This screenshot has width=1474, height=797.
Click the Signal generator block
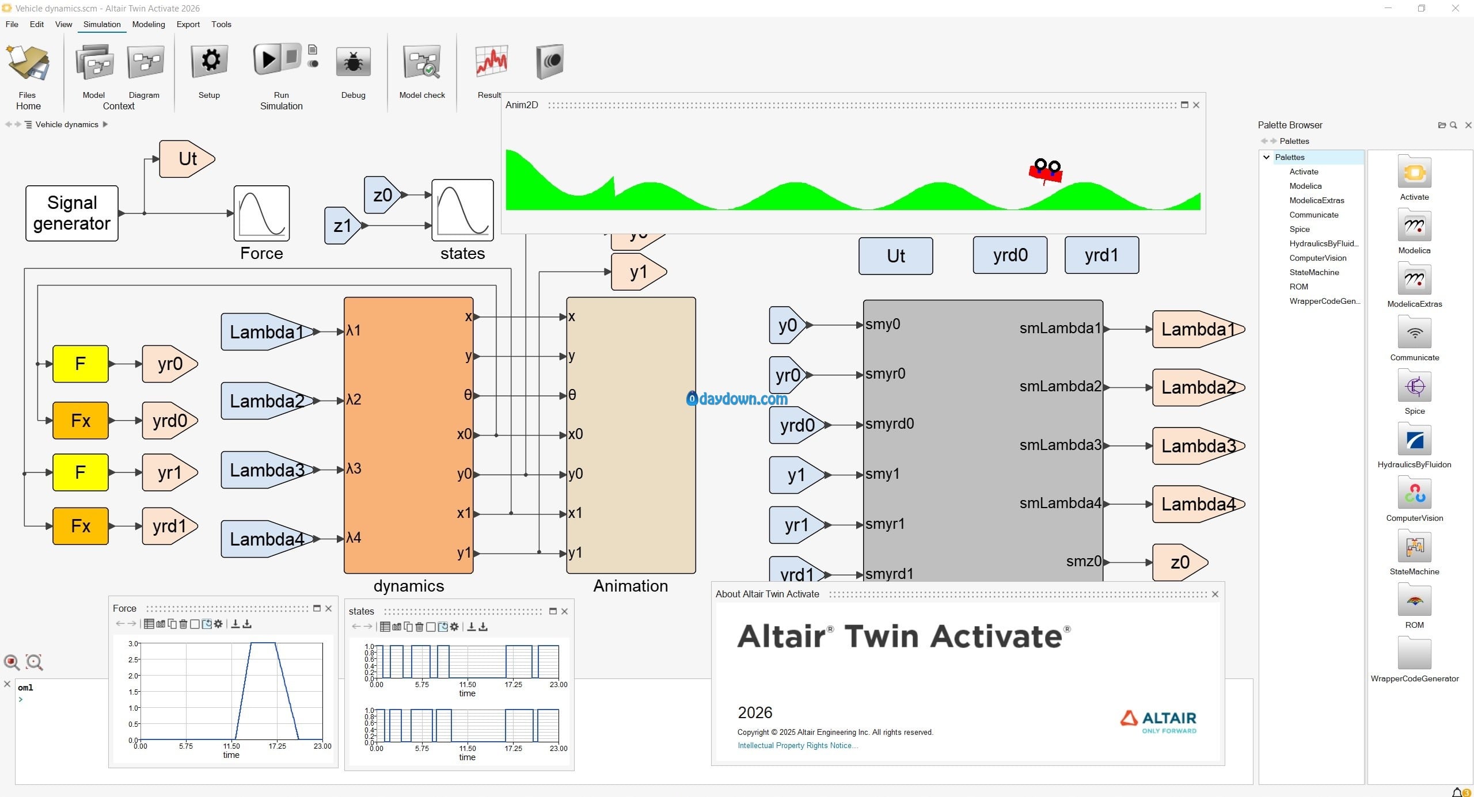tap(72, 213)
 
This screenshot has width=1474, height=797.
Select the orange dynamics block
tap(408, 434)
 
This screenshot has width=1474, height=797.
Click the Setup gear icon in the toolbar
tap(210, 61)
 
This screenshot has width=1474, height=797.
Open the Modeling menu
tap(148, 24)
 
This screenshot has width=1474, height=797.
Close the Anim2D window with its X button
tap(1196, 105)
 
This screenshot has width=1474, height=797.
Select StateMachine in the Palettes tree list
tap(1314, 272)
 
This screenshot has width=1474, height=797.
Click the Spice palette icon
tap(1414, 386)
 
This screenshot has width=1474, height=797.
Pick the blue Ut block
tap(895, 256)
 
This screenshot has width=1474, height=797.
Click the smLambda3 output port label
tap(1059, 445)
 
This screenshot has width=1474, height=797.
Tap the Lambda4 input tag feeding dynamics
tap(267, 539)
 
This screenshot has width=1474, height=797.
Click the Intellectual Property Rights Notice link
tap(797, 745)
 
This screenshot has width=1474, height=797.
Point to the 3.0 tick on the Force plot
tap(133, 644)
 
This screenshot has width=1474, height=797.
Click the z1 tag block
tap(343, 226)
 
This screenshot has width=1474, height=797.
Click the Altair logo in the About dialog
tap(1158, 720)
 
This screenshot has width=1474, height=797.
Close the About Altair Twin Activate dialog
tap(1215, 594)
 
